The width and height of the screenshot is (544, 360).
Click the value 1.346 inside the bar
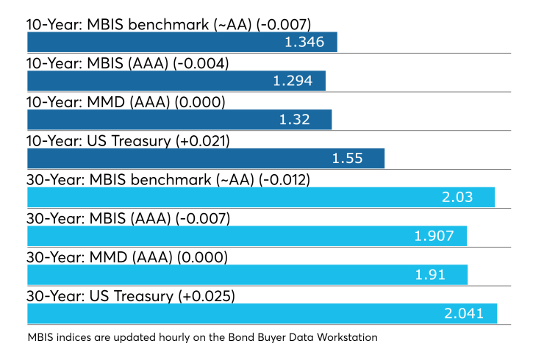point(304,42)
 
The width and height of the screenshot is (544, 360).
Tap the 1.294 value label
point(293,81)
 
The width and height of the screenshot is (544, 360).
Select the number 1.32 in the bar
point(294,120)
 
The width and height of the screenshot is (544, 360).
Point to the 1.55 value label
point(347,159)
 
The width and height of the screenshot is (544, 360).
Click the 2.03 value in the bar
point(457,198)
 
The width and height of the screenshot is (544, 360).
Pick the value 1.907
point(434,236)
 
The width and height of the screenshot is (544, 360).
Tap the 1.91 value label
point(430,275)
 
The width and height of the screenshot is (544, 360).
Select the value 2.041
point(464,314)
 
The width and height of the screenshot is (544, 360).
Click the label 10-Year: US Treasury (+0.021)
point(128,141)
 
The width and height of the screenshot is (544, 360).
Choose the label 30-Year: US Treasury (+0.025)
point(131,296)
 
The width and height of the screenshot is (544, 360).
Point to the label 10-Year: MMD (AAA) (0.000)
point(126,102)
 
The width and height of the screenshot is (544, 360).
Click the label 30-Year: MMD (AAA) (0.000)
point(127,257)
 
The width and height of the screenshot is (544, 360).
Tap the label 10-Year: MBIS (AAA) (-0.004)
point(128,63)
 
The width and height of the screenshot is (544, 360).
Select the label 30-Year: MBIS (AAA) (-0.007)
point(129,218)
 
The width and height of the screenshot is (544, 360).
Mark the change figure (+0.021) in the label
point(203,141)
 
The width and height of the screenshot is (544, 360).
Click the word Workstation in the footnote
point(347,337)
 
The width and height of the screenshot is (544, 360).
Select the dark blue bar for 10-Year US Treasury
point(206,159)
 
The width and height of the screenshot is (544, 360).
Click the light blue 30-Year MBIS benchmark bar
point(261,198)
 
